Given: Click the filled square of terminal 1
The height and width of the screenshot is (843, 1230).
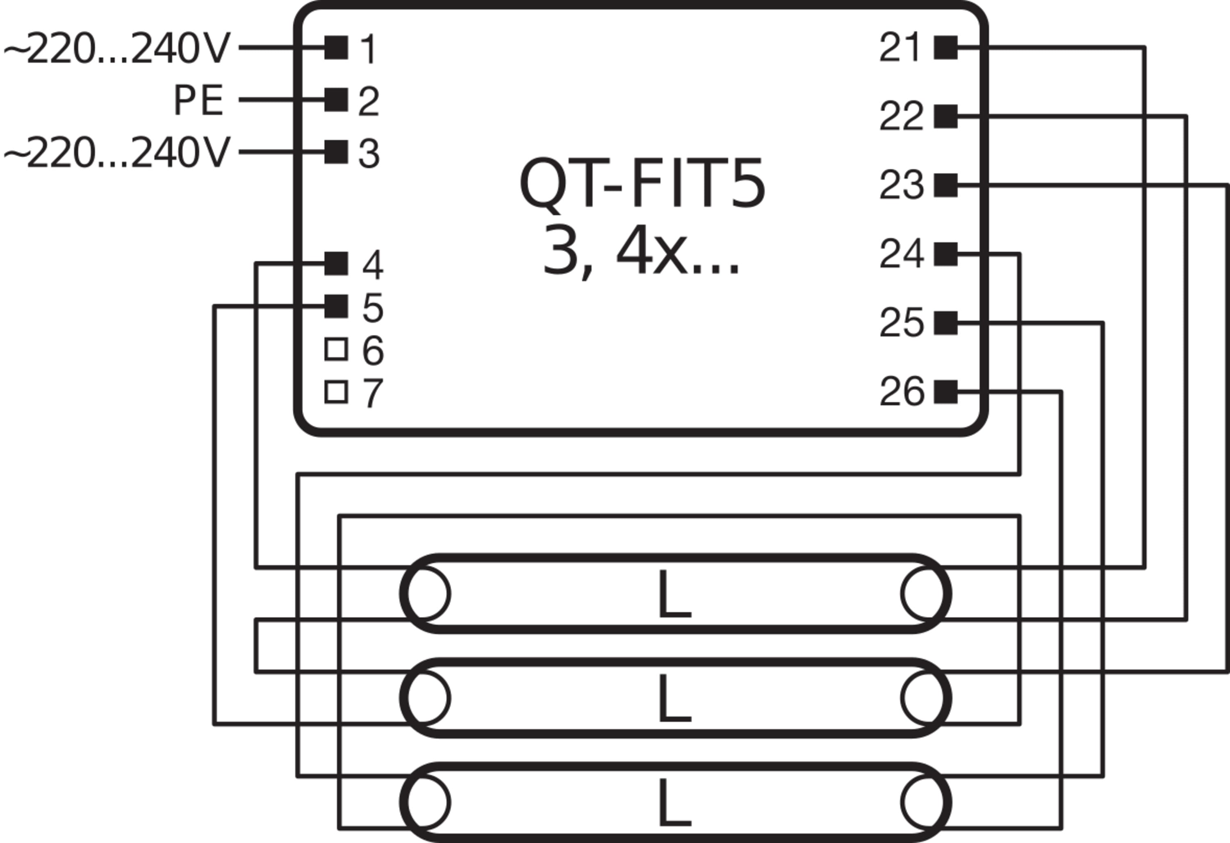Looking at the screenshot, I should click(x=336, y=48).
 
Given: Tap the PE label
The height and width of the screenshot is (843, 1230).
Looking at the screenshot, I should click(x=198, y=101).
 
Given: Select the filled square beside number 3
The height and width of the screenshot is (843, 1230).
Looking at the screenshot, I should click(x=336, y=152).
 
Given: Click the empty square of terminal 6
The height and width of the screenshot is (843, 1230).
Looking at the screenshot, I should click(x=336, y=350).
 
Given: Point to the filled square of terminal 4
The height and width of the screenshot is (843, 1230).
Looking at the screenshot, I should click(x=336, y=263).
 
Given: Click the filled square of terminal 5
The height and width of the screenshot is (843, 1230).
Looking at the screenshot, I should click(x=336, y=306).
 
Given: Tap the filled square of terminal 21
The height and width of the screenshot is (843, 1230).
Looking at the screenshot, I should click(x=946, y=48).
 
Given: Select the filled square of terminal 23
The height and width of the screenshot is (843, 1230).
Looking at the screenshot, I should click(x=946, y=185).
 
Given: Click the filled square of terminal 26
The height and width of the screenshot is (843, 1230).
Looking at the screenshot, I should click(x=946, y=392).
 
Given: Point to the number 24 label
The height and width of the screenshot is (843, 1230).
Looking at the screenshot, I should click(x=901, y=254).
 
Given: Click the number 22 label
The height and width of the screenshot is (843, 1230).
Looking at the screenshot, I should click(x=901, y=117).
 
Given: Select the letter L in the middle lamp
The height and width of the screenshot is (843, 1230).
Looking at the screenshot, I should click(x=674, y=699).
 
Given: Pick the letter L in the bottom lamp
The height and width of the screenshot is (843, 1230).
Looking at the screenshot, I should click(x=674, y=803).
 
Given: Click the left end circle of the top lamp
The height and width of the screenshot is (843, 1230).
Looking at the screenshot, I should click(x=426, y=594).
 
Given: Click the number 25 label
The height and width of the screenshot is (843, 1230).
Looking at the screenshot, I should click(x=901, y=323).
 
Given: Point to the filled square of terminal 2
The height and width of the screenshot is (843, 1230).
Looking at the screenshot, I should click(x=336, y=100).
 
